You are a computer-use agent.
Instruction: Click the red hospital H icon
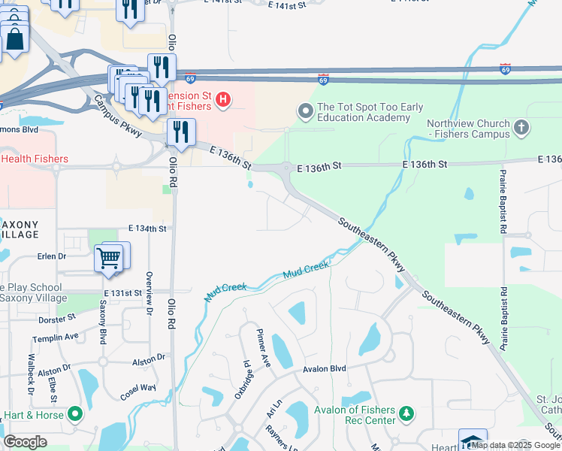(x=222, y=98)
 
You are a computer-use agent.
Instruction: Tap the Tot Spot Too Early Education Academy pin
(x=305, y=112)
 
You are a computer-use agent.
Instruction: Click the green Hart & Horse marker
(x=75, y=414)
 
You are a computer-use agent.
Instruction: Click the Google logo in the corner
(x=26, y=442)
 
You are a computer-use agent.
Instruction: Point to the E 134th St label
(x=147, y=228)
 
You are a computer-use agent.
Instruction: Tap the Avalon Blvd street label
(x=324, y=369)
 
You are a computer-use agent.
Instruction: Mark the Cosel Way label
(x=137, y=392)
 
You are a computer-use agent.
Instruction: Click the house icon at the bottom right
(x=473, y=440)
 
